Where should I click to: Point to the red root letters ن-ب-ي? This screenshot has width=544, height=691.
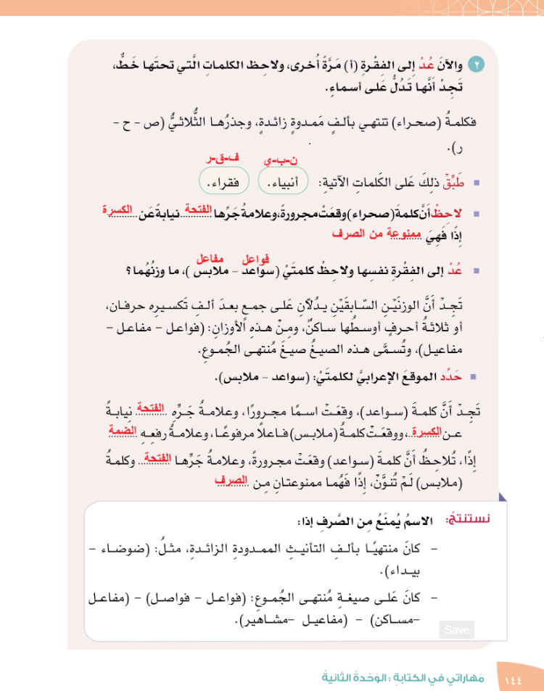click(279, 160)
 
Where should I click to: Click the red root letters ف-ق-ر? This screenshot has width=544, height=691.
click(216, 157)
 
